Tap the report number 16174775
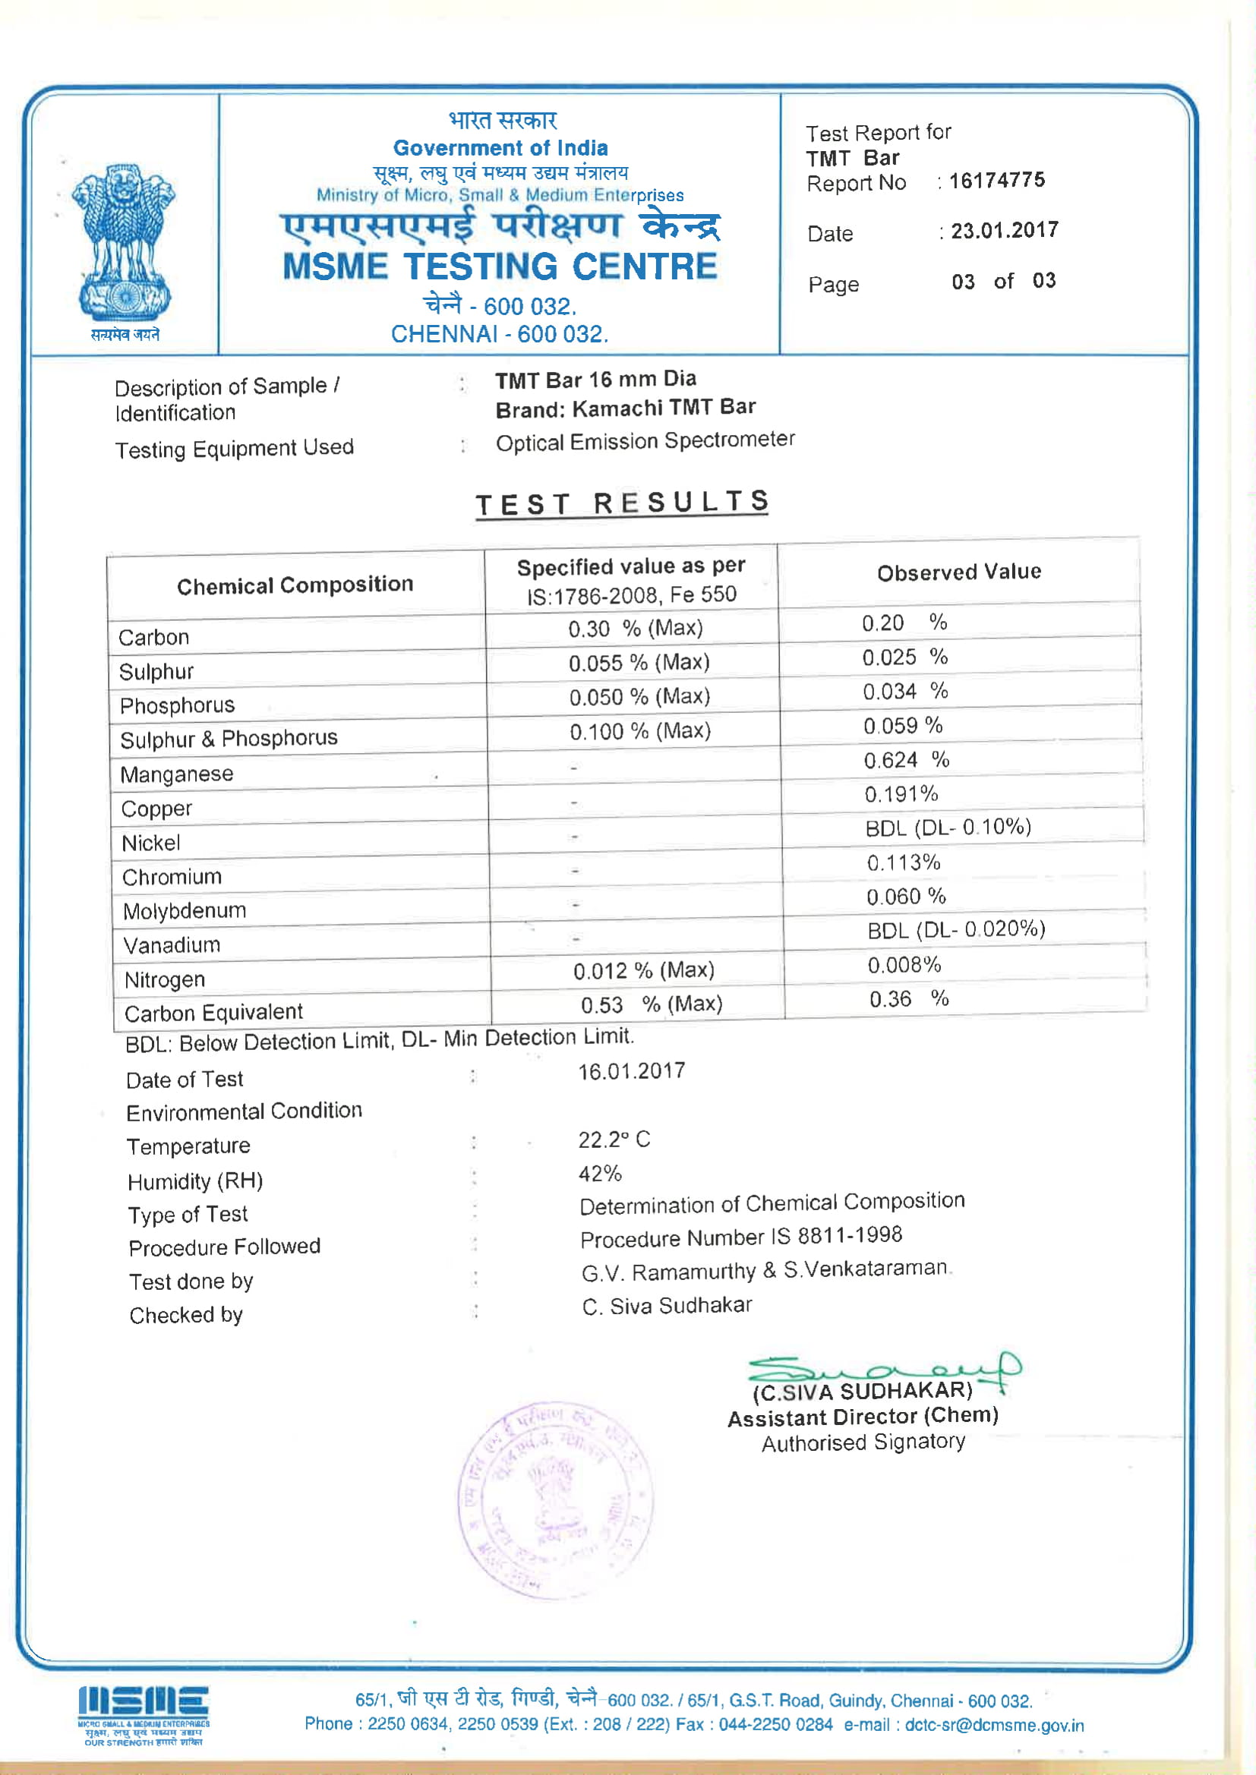997,181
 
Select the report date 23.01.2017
1004,230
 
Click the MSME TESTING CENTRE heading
500,266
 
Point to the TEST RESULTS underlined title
622,503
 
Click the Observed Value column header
959,572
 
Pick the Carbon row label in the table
154,638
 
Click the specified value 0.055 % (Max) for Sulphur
639,663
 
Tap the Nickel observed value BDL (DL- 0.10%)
948,828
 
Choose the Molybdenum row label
185,912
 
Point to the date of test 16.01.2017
631,1071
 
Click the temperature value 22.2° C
614,1140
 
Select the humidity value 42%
600,1174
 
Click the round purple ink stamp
555,1499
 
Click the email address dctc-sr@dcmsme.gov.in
995,1726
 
